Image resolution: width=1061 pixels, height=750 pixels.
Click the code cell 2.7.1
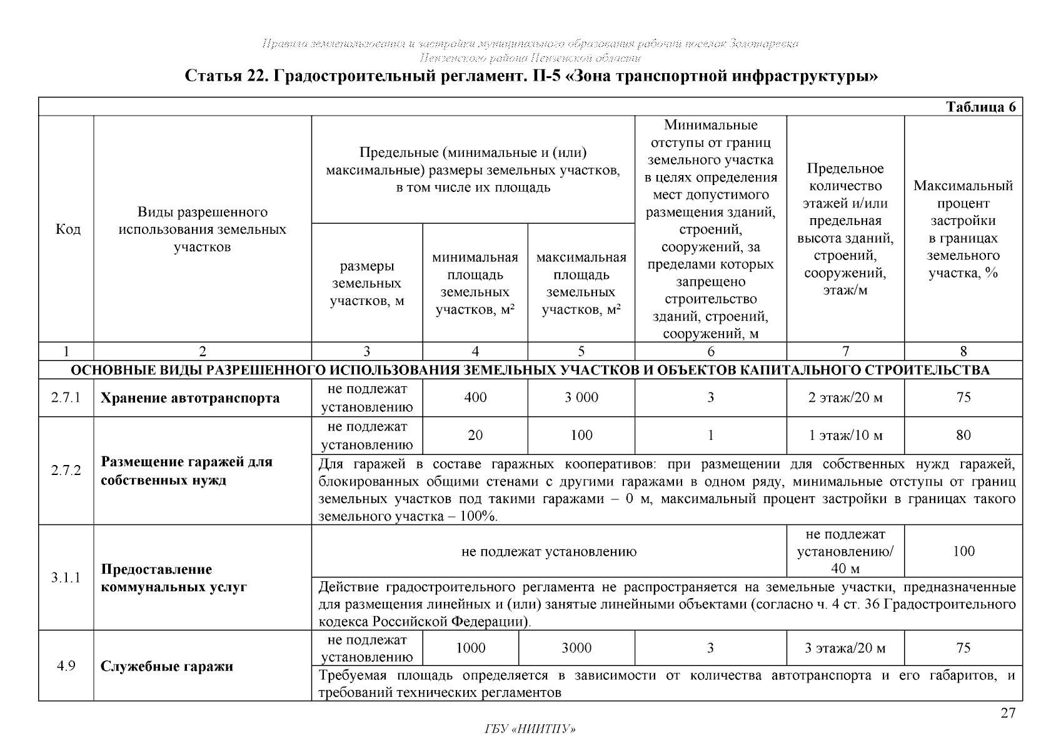tap(66, 398)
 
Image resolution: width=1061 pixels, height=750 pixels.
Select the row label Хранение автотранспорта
tap(190, 398)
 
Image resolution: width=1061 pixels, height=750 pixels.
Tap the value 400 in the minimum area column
tap(475, 398)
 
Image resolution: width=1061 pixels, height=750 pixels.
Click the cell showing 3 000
tap(581, 398)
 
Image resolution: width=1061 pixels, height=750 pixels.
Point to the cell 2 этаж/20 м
tap(845, 398)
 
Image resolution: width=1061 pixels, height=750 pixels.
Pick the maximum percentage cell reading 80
tap(963, 436)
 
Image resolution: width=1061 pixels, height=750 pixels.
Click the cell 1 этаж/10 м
tap(845, 436)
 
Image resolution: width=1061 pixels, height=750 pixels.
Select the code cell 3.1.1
tap(66, 577)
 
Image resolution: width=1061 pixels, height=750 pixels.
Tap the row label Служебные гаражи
tap(166, 666)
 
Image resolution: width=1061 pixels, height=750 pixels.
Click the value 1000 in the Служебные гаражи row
tap(470, 648)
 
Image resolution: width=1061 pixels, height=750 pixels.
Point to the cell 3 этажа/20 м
tap(845, 648)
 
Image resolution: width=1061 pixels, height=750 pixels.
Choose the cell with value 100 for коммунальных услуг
tap(963, 551)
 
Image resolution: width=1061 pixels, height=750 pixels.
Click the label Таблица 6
tap(980, 107)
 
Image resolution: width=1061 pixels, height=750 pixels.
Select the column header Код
tap(68, 229)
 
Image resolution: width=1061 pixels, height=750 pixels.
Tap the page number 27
tap(1007, 713)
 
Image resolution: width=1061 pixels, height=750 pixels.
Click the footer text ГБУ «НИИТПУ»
tap(530, 729)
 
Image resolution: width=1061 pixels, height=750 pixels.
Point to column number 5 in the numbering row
tap(581, 352)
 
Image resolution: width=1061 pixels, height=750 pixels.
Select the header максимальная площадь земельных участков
tap(581, 283)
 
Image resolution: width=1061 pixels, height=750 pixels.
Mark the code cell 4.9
tap(66, 666)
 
